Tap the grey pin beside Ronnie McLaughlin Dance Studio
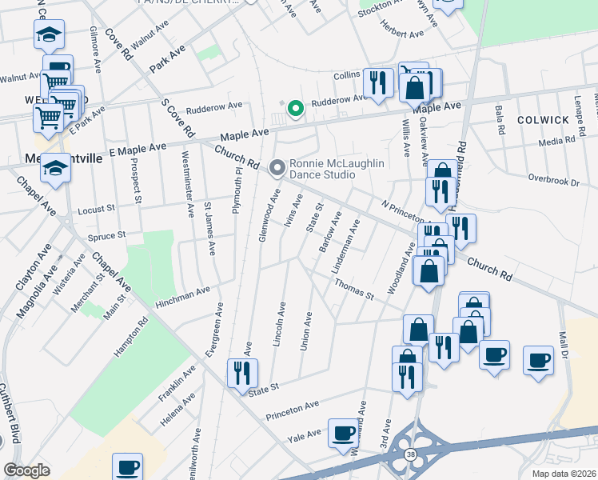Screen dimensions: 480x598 [277, 168]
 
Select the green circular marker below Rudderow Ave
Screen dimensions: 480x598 [294, 107]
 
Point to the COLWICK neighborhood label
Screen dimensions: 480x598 [543, 119]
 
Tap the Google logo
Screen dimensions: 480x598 [26, 470]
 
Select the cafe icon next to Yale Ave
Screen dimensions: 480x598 [345, 433]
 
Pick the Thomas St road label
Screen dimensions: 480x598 [354, 288]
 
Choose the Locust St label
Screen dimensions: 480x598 [98, 211]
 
